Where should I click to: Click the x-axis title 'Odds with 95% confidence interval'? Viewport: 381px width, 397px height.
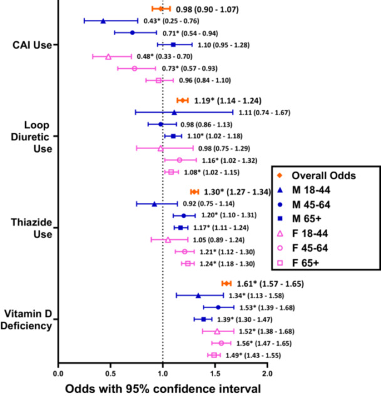coord(163,387)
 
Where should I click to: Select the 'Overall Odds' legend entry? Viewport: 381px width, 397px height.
coord(326,176)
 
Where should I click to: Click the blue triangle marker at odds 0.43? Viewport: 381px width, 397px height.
coord(103,21)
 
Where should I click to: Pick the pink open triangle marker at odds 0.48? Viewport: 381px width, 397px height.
coord(108,56)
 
